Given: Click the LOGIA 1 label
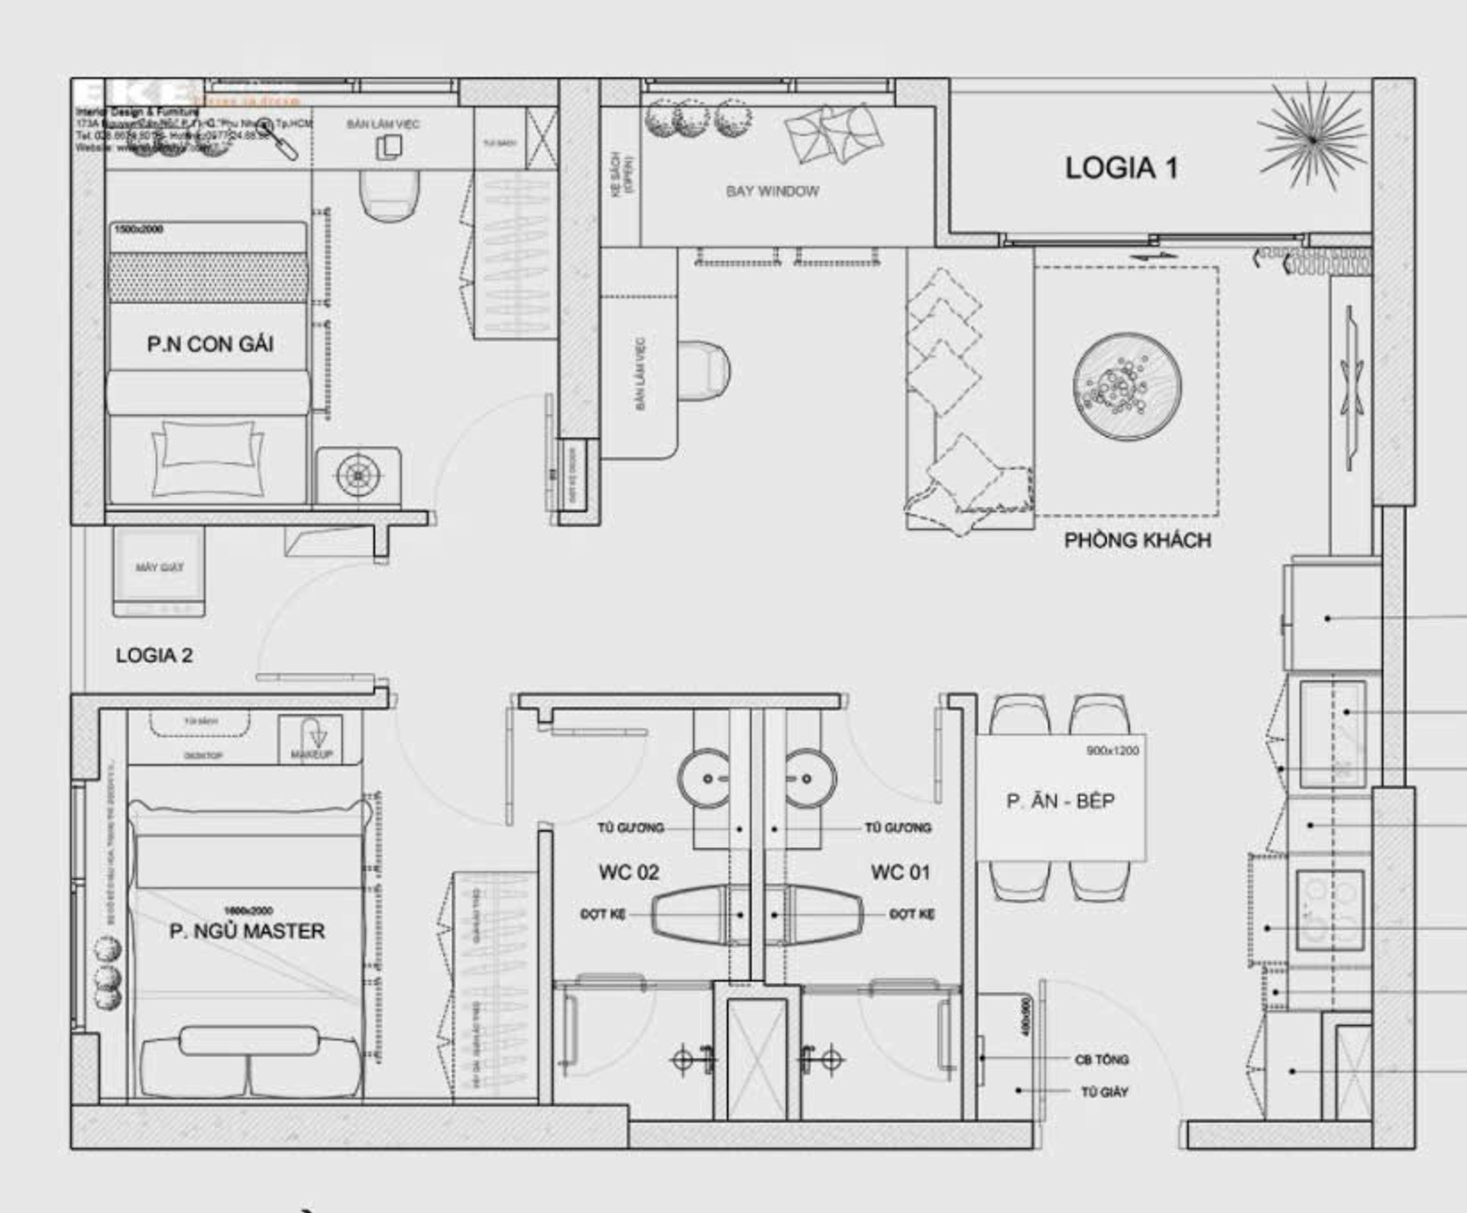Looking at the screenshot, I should click(1121, 169).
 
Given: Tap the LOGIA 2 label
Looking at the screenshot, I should click(154, 655).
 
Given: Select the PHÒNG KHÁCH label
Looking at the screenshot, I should click(1138, 541).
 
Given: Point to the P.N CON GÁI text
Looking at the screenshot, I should click(210, 344).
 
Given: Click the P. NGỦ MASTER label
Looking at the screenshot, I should click(247, 931).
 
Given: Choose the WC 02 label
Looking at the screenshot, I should click(628, 872).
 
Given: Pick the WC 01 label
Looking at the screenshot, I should click(900, 872).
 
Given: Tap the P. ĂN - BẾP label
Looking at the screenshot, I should click(1060, 801).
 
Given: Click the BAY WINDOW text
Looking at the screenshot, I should click(772, 192).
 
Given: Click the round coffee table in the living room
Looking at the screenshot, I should click(1126, 387).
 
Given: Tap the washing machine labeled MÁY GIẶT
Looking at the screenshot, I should click(159, 568).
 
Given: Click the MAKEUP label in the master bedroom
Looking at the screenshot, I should click(311, 755).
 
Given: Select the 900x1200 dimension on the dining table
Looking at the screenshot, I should click(1112, 751).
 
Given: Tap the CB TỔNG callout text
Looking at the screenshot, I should click(1101, 1059).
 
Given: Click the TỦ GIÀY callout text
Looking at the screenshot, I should click(1104, 1092).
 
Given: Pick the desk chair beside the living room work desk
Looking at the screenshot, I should click(704, 371).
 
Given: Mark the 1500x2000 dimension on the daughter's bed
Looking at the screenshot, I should click(138, 229).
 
